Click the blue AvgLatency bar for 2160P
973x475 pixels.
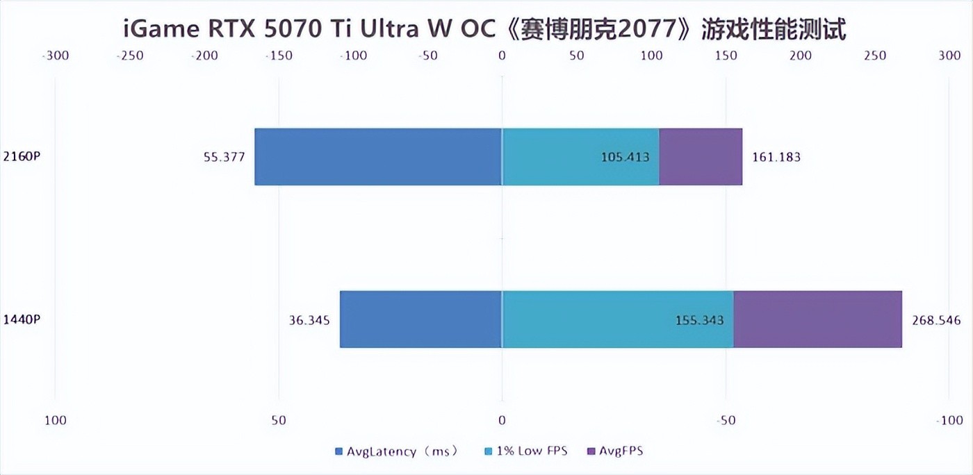pyautogui.click(x=378, y=157)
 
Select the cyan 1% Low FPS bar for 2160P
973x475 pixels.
pyautogui.click(x=580, y=157)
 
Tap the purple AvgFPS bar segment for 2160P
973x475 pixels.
pyautogui.click(x=701, y=157)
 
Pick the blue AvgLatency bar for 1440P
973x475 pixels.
pyautogui.click(x=420, y=319)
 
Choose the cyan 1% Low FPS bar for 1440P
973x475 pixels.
pyautogui.click(x=617, y=319)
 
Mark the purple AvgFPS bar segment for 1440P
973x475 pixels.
pyautogui.click(x=818, y=319)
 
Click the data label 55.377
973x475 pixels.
pyautogui.click(x=224, y=157)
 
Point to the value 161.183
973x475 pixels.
pyautogui.click(x=776, y=157)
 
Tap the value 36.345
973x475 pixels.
pyautogui.click(x=309, y=320)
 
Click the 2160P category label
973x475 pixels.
pyautogui.click(x=22, y=156)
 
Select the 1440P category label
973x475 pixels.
pyautogui.click(x=22, y=319)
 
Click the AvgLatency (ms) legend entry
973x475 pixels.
pyautogui.click(x=396, y=451)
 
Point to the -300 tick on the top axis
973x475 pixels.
pyautogui.click(x=56, y=56)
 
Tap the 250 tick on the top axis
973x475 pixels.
pyautogui.click(x=875, y=56)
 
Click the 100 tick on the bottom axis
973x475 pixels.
pyautogui.click(x=56, y=420)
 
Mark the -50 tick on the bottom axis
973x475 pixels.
pyautogui.click(x=726, y=420)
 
